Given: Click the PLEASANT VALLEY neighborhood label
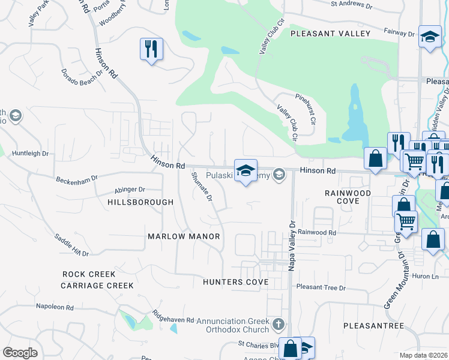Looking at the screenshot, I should [x=330, y=34].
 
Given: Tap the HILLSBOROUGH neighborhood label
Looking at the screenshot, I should [x=140, y=203].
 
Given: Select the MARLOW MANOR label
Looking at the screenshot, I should [x=184, y=237].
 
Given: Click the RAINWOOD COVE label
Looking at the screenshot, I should [x=348, y=197].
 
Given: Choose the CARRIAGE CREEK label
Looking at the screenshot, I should [x=97, y=286].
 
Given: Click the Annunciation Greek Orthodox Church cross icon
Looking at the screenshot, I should [x=277, y=325].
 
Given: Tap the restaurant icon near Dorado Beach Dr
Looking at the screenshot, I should [x=151, y=48].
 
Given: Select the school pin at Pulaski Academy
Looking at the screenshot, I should [x=245, y=171].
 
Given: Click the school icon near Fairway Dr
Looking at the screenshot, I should [x=430, y=37].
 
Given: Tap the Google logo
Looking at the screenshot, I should [x=20, y=353].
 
